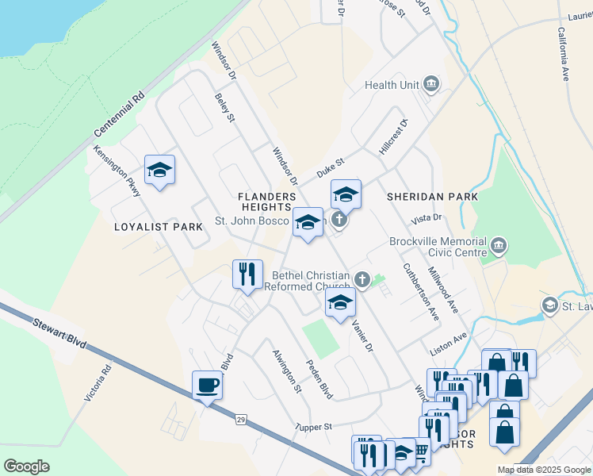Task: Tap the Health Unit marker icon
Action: [431, 84]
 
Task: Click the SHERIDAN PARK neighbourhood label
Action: [432, 197]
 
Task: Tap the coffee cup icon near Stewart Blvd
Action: [208, 386]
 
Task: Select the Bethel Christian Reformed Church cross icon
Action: [362, 278]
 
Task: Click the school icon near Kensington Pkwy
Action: [159, 170]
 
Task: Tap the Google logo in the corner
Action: [26, 466]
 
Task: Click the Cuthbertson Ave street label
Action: [420, 291]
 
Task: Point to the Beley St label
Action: [225, 107]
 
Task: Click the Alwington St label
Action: [287, 370]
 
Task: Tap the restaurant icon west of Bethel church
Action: [247, 274]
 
